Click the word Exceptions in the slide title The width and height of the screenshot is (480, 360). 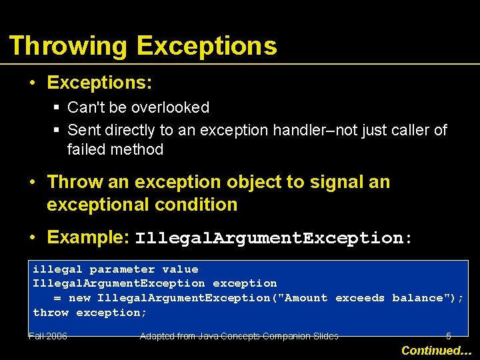pyautogui.click(x=207, y=47)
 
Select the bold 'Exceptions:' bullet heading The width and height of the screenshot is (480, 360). pyautogui.click(x=99, y=83)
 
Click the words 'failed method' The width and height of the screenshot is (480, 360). pyautogui.click(x=115, y=149)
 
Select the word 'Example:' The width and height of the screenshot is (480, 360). pyautogui.click(x=88, y=237)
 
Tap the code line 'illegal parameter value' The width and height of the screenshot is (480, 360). pyautogui.click(x=115, y=269)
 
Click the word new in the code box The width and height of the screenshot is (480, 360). pyautogui.click(x=79, y=298)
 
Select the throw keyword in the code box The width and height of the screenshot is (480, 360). pyautogui.click(x=51, y=313)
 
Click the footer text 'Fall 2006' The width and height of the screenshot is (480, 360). pyautogui.click(x=48, y=337)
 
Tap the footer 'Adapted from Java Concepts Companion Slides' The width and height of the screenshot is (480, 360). pyautogui.click(x=239, y=337)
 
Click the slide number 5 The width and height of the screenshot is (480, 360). pyautogui.click(x=448, y=337)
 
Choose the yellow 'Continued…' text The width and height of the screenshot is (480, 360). pyautogui.click(x=436, y=350)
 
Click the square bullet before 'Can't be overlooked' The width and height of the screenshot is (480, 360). pyautogui.click(x=57, y=108)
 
